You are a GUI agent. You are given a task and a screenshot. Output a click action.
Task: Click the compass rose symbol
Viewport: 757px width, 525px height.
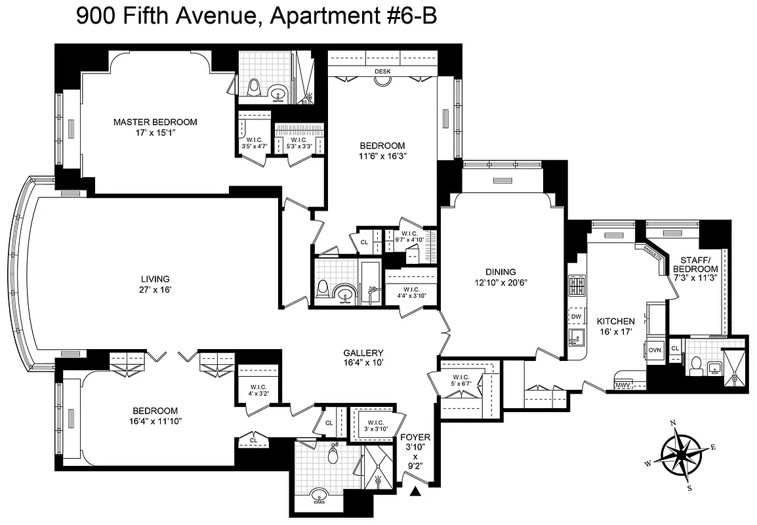point(682,452)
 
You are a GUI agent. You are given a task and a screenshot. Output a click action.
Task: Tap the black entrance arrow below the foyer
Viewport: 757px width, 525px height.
point(415,492)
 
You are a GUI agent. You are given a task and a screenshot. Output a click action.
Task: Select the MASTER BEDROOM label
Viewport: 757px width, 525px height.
point(155,122)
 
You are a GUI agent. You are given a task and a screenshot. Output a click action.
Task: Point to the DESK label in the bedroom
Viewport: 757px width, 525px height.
point(382,72)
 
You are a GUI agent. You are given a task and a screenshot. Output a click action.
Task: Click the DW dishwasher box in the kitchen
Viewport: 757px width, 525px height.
point(576,317)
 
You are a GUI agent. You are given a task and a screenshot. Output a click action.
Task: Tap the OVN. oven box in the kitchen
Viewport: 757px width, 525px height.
point(655,350)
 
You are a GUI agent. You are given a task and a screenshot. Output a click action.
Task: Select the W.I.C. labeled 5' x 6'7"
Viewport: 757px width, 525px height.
point(460,378)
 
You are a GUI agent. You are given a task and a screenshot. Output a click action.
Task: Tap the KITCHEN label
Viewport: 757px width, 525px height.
point(615,322)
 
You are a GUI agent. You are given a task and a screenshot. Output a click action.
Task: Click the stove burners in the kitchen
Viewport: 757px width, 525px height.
point(576,286)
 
